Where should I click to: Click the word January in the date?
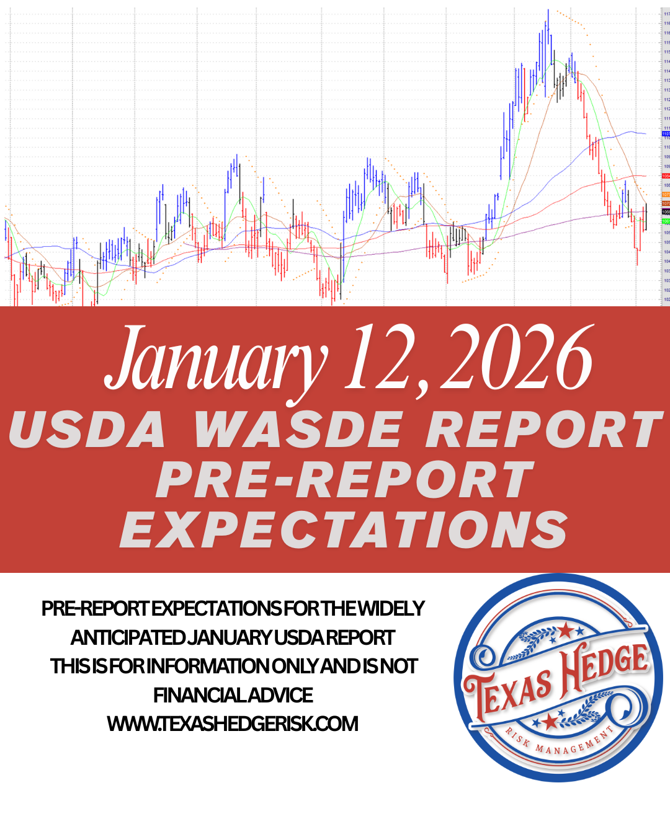[214, 360]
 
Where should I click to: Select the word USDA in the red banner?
[87, 429]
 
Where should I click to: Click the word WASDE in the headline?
[298, 429]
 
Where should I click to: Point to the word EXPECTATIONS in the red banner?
[344, 530]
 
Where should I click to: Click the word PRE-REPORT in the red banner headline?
[344, 480]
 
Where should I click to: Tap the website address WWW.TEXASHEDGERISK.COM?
[233, 724]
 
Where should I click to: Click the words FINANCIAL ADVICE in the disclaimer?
[233, 695]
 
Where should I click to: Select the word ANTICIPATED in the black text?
[127, 637]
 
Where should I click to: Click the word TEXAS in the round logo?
[509, 691]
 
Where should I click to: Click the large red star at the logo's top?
[565, 632]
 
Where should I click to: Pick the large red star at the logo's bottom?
[550, 721]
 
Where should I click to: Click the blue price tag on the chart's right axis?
[666, 134]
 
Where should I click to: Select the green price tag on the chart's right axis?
[666, 221]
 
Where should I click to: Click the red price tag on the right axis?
[666, 176]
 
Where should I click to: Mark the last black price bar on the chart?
[646, 217]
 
